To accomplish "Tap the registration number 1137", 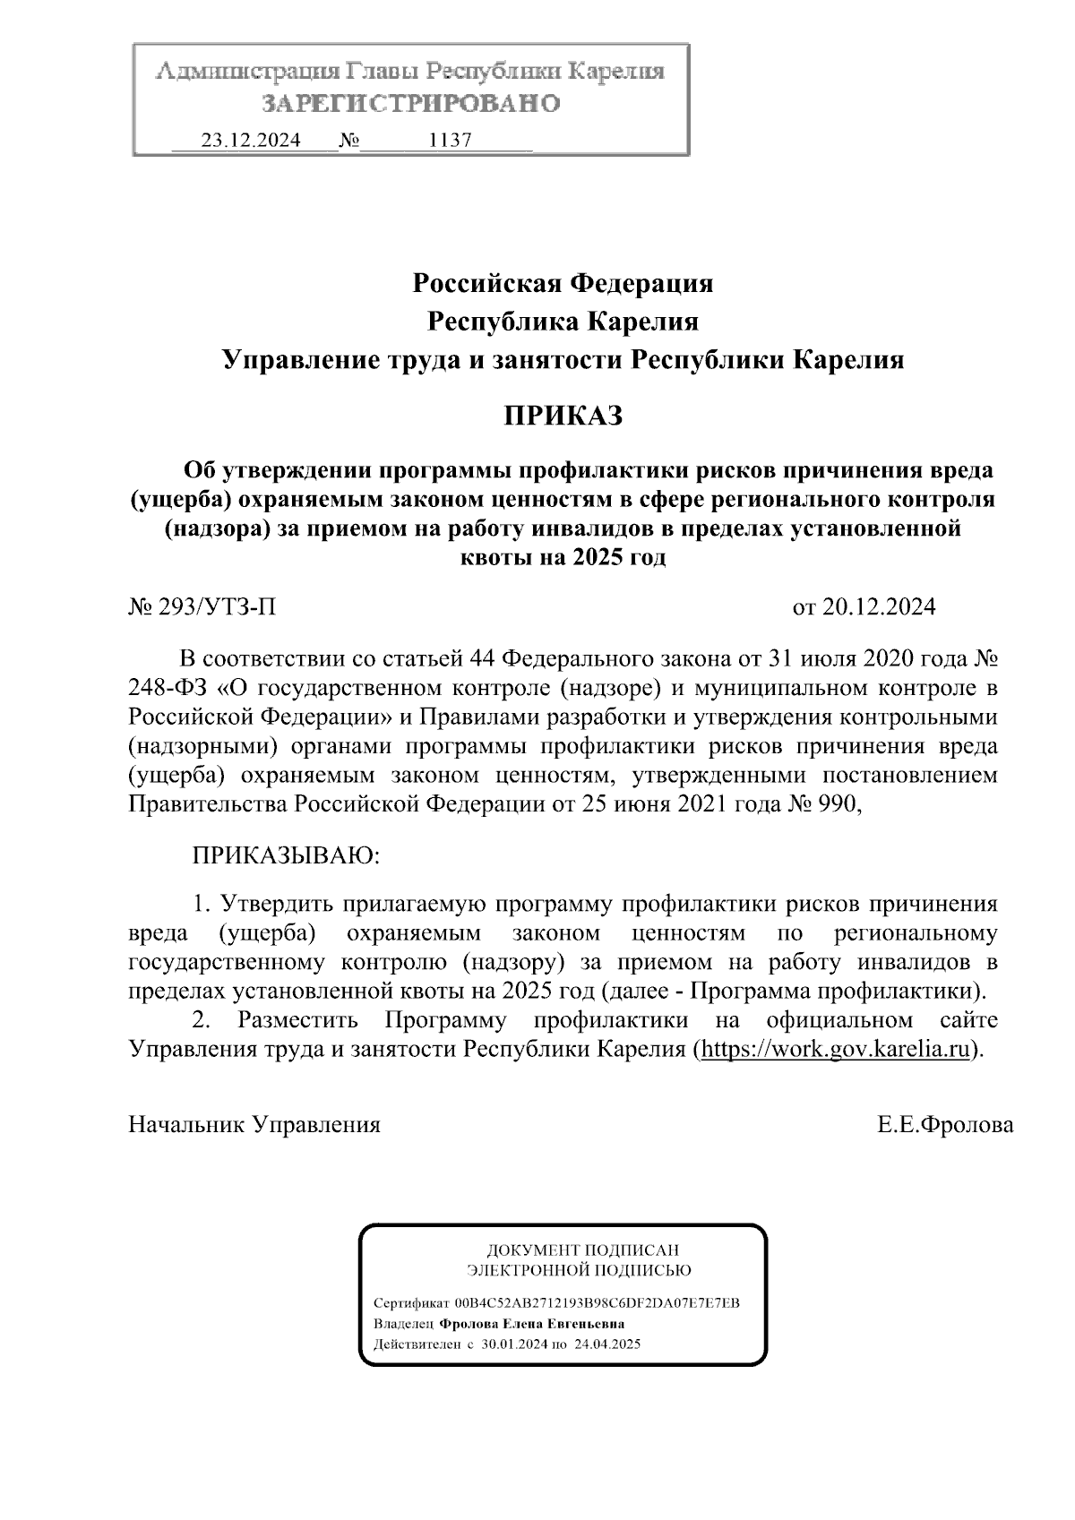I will [451, 141].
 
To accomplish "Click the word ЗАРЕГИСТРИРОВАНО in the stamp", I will [410, 104].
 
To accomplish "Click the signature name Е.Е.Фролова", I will [945, 1125].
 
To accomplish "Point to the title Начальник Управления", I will [254, 1125].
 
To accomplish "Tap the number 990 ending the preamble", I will [838, 803].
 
